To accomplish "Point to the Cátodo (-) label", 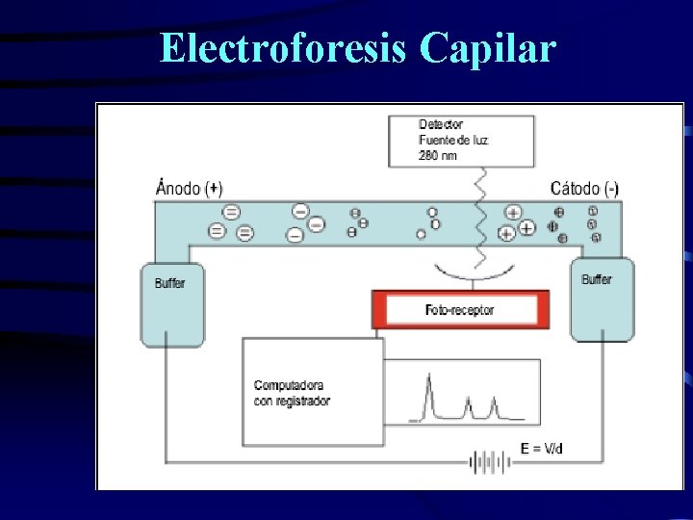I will [x=583, y=189].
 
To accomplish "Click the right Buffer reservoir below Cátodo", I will [x=602, y=299].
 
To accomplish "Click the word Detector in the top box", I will [x=440, y=124].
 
